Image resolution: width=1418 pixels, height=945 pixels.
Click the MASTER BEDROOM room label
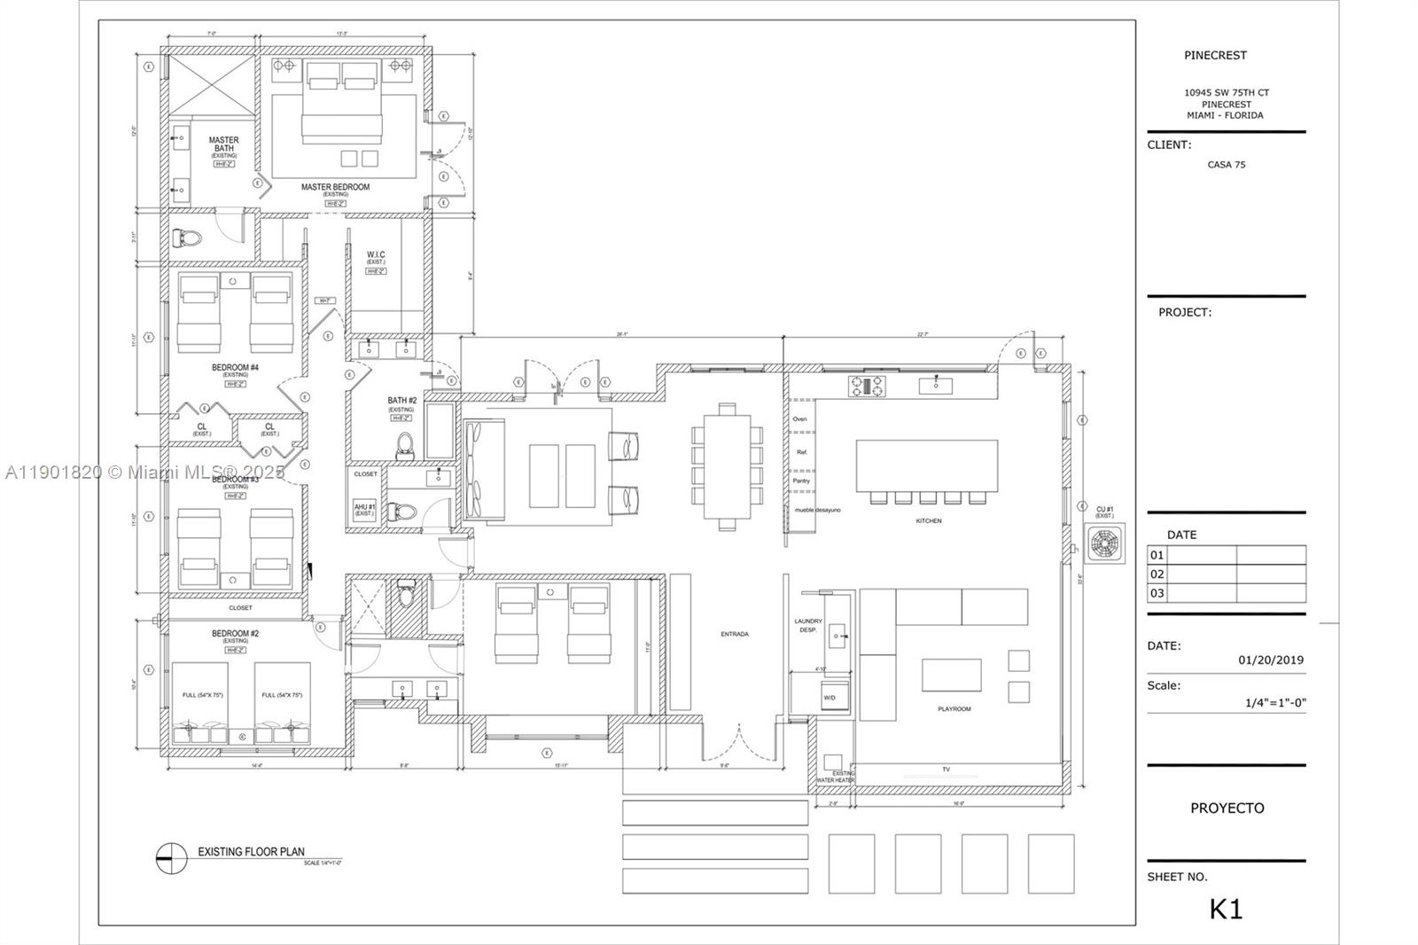[x=335, y=187]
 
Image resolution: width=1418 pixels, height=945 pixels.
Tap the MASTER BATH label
[x=223, y=144]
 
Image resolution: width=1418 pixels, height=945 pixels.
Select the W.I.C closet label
[x=376, y=255]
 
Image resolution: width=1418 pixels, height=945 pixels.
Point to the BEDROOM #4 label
[x=235, y=367]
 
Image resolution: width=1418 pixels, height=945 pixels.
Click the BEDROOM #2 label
[x=235, y=634]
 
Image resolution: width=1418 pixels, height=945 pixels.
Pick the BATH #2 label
[x=401, y=401]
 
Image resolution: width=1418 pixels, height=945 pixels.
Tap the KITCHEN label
[x=929, y=521]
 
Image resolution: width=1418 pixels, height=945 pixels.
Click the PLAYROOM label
[x=954, y=709]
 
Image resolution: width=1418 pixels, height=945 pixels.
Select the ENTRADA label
[x=735, y=634]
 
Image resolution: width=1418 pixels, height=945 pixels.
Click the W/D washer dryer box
[x=830, y=697]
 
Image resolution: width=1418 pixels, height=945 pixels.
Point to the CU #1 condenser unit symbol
[x=1104, y=543]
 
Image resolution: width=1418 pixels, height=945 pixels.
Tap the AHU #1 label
[x=364, y=507]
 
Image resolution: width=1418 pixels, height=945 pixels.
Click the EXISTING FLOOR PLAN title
[x=251, y=852]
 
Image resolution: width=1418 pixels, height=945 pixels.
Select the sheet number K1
[x=1226, y=909]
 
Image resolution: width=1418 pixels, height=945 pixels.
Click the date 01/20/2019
[x=1270, y=660]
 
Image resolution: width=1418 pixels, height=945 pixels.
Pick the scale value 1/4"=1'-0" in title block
[x=1275, y=703]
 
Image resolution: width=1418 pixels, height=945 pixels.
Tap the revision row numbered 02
[x=1157, y=574]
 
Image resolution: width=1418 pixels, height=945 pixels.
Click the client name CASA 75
[x=1226, y=165]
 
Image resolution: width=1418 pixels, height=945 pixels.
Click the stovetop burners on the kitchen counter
[x=868, y=386]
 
